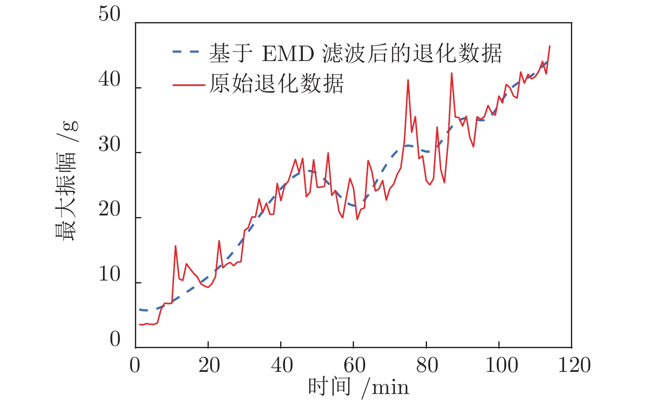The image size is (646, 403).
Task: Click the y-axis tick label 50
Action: [x=110, y=15]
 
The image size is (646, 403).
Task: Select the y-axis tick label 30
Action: [x=110, y=145]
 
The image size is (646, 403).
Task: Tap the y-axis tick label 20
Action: [x=110, y=210]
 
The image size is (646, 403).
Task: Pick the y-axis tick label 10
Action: [x=110, y=275]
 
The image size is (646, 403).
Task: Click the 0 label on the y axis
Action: [x=115, y=340]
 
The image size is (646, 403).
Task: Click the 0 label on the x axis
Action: [x=135, y=365]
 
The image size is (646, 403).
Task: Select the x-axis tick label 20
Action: [x=209, y=365]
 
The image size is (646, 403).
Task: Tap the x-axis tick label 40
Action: [x=282, y=365]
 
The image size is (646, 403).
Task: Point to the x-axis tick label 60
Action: [x=354, y=365]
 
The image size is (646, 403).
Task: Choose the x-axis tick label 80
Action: [x=427, y=365]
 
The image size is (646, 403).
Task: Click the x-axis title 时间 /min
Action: [x=358, y=387]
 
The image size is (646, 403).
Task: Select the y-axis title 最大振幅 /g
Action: [x=66, y=181]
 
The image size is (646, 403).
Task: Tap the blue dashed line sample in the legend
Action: [x=186, y=52]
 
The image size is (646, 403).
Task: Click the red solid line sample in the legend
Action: [x=188, y=85]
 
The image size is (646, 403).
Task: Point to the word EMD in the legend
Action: [x=288, y=54]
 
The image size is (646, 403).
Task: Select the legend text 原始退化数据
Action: [x=276, y=84]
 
